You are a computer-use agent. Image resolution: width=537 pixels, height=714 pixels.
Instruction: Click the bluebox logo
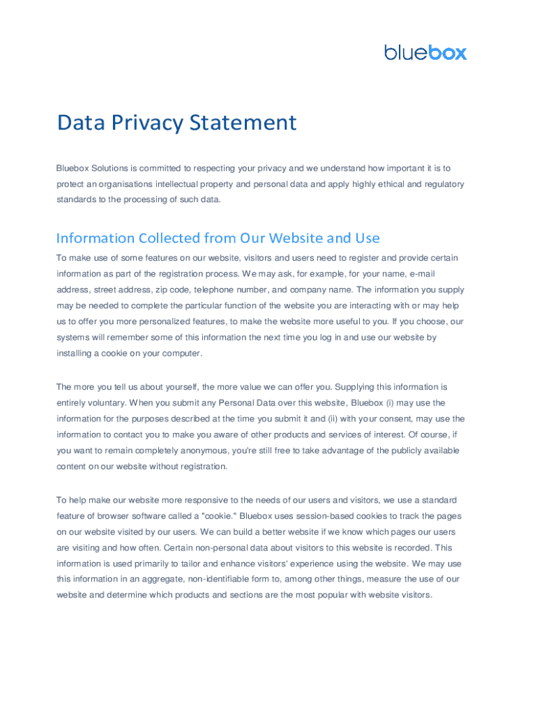pyautogui.click(x=425, y=52)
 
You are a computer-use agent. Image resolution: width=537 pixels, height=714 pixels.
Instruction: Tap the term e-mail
pyautogui.click(x=423, y=273)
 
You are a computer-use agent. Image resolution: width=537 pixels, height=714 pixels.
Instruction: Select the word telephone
pyautogui.click(x=215, y=289)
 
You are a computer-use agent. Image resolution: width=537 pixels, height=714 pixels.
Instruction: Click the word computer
pyautogui.click(x=180, y=353)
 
